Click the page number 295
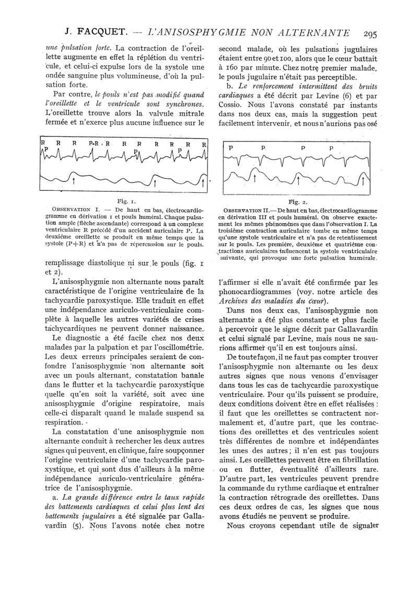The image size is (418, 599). [x=374, y=33]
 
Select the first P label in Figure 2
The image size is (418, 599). [x=231, y=148]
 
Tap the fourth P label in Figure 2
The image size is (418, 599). [x=331, y=148]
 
